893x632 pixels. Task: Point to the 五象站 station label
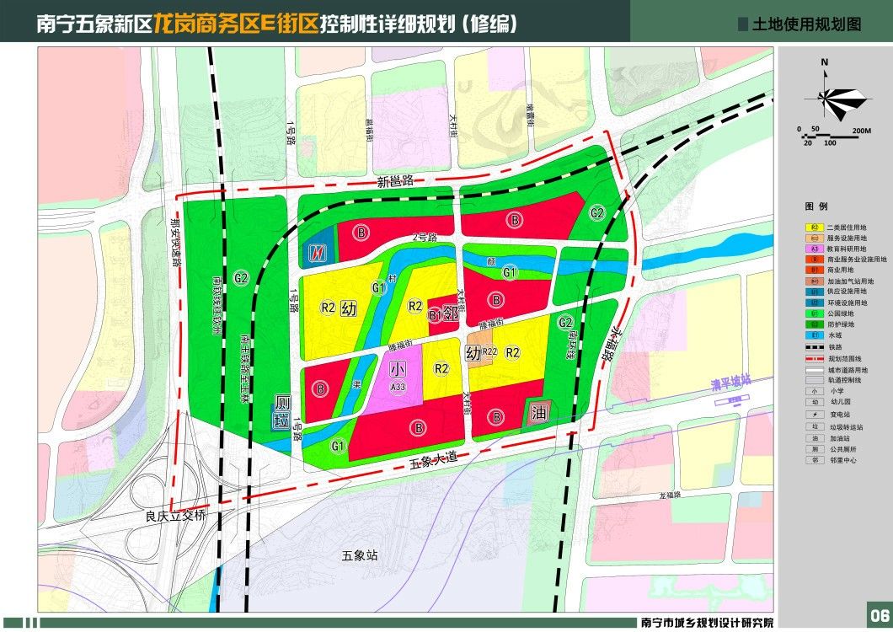pos(361,555)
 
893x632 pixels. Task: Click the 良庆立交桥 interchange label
pos(175,516)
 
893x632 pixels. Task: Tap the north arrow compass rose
pos(833,97)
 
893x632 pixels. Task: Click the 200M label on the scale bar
pos(861,131)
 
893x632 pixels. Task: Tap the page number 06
pos(879,613)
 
